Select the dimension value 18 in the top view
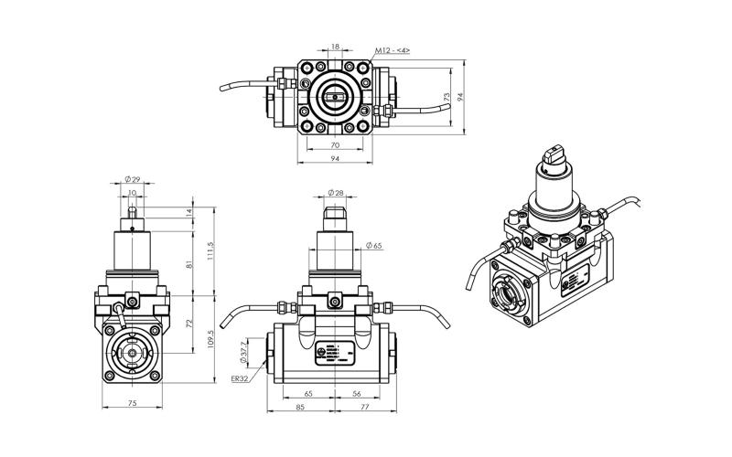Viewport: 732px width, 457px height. (x=335, y=45)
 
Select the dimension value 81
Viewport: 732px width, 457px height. (x=190, y=265)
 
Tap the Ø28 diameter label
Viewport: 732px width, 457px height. (x=335, y=194)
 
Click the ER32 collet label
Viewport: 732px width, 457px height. (x=239, y=378)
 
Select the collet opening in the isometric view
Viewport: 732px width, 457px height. (x=510, y=295)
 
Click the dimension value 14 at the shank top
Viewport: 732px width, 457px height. (x=190, y=212)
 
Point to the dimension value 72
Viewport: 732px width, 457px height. (x=190, y=324)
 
